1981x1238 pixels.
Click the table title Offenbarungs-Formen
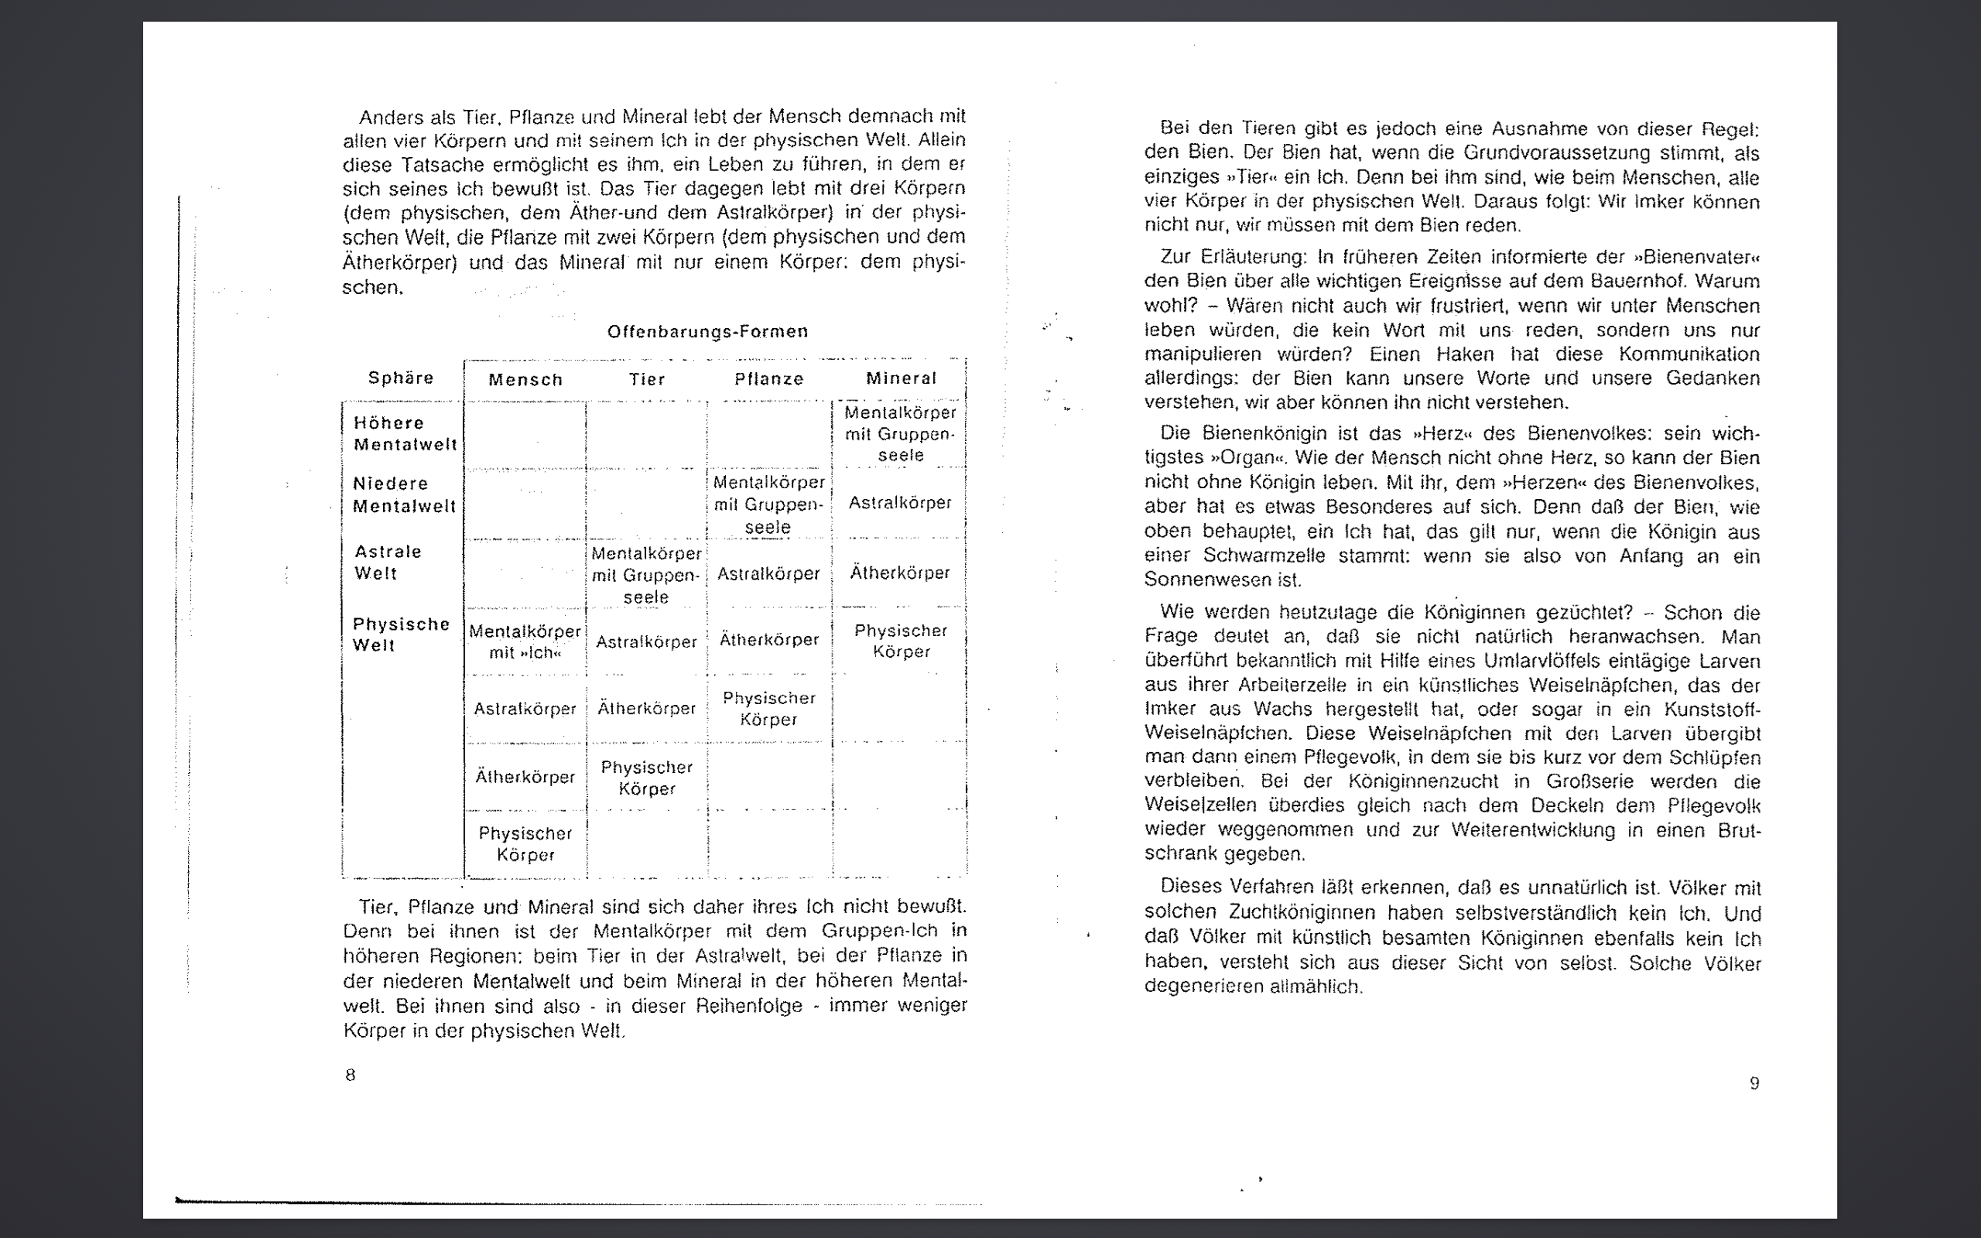(x=707, y=332)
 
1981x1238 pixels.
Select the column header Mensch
(x=525, y=380)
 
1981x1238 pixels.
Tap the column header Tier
(x=647, y=379)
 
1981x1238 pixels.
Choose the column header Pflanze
(x=768, y=379)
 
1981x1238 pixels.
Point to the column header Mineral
(x=901, y=378)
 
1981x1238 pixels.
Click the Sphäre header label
(x=400, y=378)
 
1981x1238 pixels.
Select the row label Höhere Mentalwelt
(x=405, y=434)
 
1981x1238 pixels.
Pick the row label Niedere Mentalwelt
(x=404, y=494)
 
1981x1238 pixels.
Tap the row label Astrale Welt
(x=387, y=563)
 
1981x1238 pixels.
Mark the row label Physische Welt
(x=401, y=634)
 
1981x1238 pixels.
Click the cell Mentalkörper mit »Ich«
(x=525, y=642)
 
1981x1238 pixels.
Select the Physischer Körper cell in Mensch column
(x=525, y=844)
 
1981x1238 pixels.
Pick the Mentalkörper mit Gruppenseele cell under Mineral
(x=901, y=434)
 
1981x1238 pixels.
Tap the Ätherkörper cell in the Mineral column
(x=900, y=573)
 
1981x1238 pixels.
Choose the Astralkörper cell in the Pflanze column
(x=768, y=574)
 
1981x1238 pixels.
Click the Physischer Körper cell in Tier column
(x=647, y=778)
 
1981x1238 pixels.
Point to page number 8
(x=351, y=1075)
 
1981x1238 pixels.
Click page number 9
(x=1754, y=1083)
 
